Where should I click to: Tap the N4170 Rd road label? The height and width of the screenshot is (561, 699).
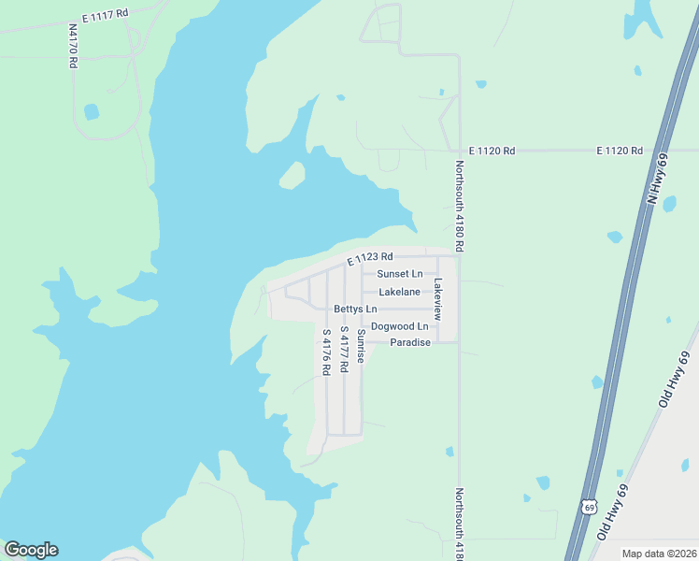pos(73,46)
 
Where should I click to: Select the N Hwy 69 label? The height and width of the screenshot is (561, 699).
pos(658,179)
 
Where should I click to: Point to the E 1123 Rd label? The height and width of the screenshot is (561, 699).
pos(370,257)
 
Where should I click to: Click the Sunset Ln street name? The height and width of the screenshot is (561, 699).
pos(399,274)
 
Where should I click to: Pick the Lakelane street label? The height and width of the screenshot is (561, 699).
pos(399,293)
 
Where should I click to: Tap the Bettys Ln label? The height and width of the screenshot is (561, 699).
pos(355,309)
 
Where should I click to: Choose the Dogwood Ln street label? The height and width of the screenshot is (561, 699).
pos(399,326)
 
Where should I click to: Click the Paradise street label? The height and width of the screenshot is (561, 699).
pos(410,342)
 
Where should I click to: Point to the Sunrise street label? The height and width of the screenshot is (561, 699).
pos(361,345)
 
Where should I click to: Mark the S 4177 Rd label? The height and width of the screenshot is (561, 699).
pos(344,350)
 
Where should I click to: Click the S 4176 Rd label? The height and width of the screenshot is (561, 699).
pos(326,352)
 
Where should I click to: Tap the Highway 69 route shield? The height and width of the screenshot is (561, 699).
pos(588,507)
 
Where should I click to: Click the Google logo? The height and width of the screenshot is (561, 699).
pos(31,550)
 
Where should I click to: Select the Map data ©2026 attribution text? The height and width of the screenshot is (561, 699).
pos(659,554)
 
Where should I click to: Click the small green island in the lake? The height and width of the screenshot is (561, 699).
pos(292,175)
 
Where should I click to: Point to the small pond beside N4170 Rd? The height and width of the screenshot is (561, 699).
pos(92,112)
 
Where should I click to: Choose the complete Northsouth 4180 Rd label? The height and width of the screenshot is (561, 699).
pos(459,206)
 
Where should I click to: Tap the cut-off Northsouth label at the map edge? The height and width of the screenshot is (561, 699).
pos(459,524)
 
